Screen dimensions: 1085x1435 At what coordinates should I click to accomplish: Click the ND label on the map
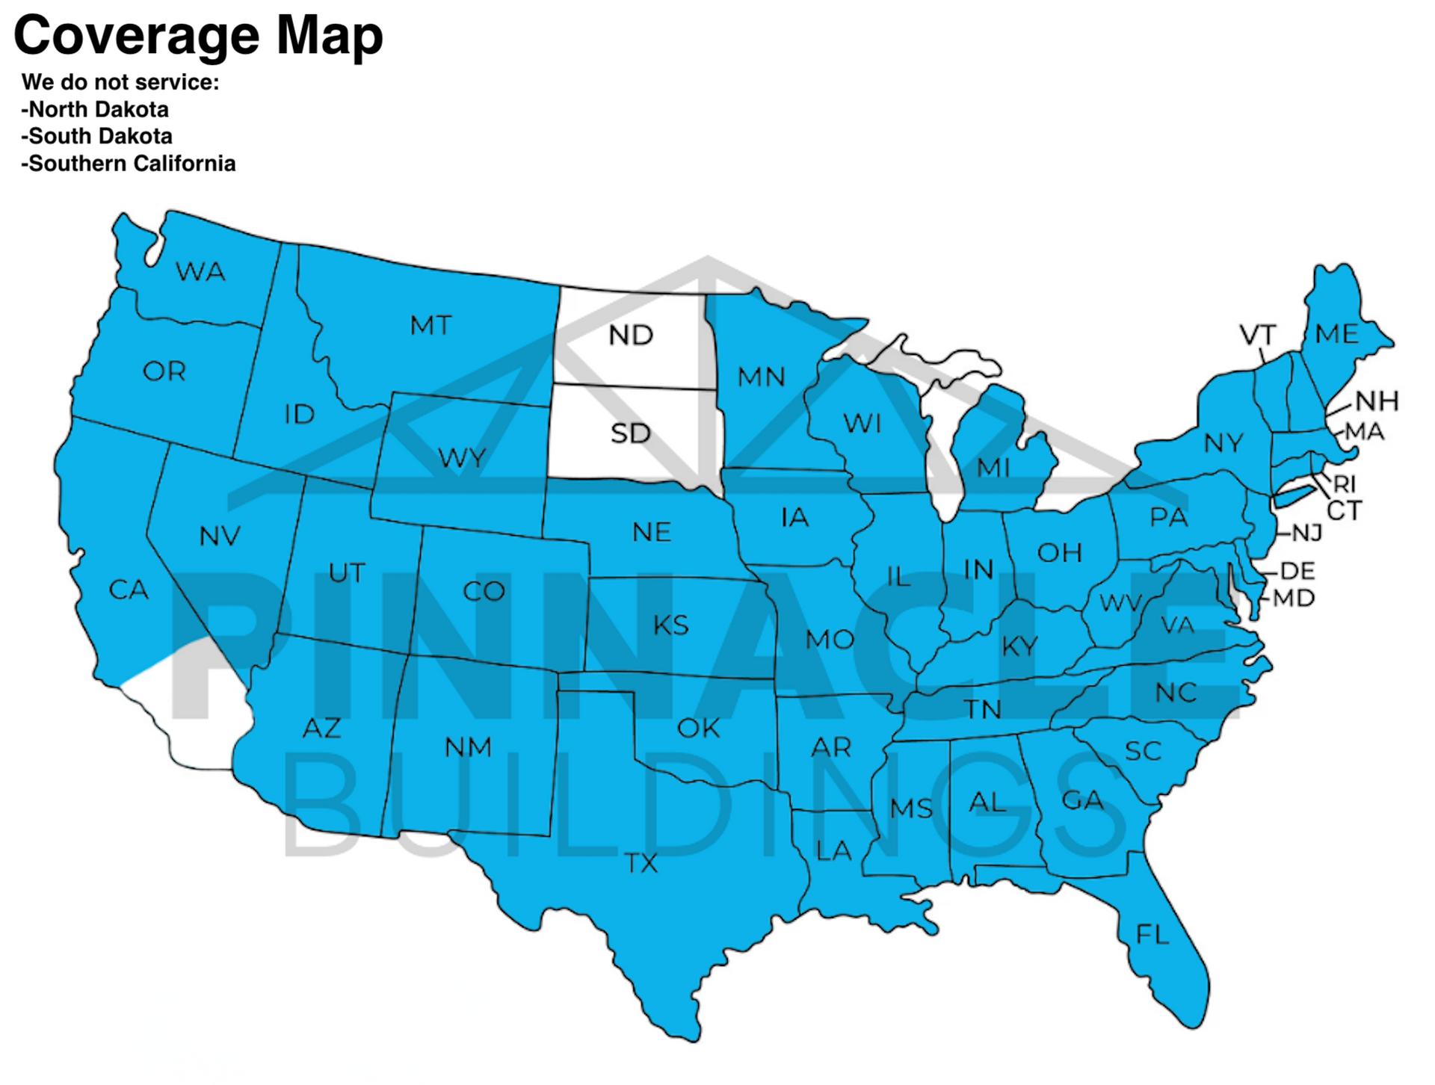click(x=631, y=336)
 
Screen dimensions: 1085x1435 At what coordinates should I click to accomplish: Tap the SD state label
click(x=631, y=433)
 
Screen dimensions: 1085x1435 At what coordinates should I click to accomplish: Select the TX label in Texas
click(x=641, y=864)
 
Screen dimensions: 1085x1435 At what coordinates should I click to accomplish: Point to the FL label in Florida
click(x=1152, y=934)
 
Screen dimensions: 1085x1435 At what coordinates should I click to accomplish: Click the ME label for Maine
click(x=1337, y=333)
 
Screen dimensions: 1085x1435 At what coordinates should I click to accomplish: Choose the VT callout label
click(x=1258, y=335)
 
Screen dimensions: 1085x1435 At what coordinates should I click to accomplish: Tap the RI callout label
click(x=1345, y=484)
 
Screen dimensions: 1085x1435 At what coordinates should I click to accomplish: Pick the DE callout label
click(x=1297, y=571)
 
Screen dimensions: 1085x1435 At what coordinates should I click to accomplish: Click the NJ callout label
click(x=1307, y=533)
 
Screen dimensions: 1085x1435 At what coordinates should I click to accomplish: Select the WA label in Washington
click(x=200, y=271)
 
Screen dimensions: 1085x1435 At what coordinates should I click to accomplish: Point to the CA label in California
click(x=129, y=590)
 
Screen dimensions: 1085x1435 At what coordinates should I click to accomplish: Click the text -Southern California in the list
click(x=129, y=164)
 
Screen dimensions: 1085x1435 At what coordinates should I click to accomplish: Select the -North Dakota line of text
click(x=95, y=110)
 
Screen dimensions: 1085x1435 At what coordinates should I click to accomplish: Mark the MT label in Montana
click(x=431, y=326)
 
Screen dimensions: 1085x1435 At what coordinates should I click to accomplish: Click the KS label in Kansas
click(x=670, y=625)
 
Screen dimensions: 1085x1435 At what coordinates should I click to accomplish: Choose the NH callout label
click(x=1377, y=401)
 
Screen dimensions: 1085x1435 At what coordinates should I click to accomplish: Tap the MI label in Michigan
click(x=993, y=469)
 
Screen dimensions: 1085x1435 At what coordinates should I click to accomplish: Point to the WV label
click(x=1120, y=602)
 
